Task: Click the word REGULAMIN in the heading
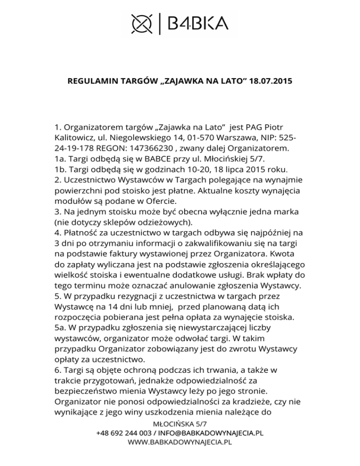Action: pos(90,81)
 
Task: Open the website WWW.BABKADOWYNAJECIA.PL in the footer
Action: pos(180,442)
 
